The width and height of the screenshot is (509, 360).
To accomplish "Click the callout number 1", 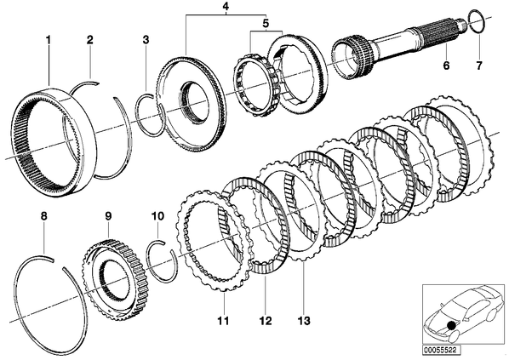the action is (48, 41).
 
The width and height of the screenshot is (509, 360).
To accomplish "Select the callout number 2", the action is (89, 40).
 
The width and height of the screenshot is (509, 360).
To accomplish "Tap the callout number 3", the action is (146, 40).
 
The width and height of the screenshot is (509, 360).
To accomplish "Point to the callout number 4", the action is (226, 6).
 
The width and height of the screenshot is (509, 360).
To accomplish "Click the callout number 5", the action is (266, 23).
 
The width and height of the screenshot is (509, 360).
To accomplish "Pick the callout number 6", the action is (446, 66).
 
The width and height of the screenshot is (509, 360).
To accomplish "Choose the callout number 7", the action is (479, 66).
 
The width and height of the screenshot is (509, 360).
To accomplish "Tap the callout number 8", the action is (43, 216).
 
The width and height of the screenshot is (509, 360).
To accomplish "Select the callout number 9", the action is (108, 216).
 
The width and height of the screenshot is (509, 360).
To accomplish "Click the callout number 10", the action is (157, 216).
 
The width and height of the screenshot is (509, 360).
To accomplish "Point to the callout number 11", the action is (224, 321).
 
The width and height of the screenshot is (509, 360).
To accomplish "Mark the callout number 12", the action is (265, 321).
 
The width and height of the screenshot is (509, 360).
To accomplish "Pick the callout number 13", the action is (303, 321).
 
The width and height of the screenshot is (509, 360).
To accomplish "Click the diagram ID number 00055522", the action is (439, 351).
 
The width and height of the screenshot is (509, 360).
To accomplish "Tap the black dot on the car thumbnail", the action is (450, 325).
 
